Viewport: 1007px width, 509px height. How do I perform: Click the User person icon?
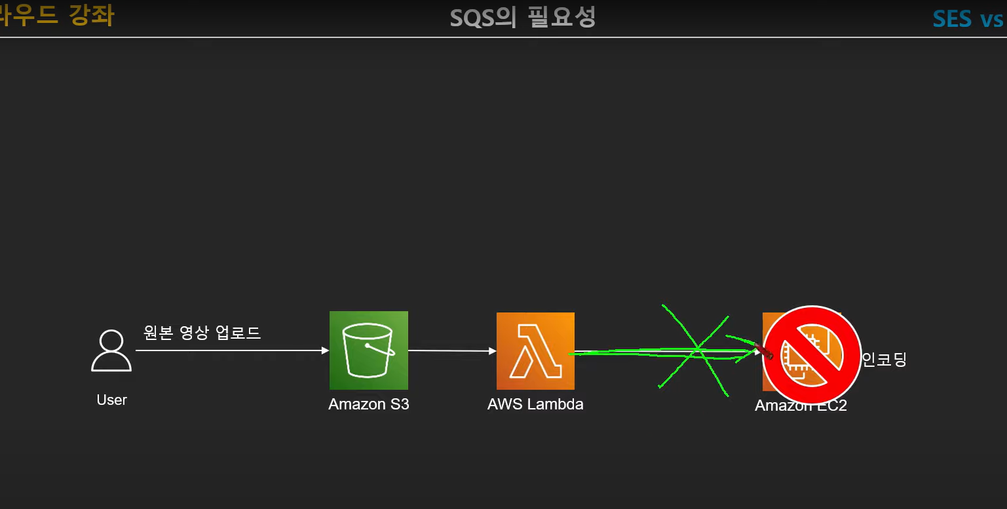click(111, 351)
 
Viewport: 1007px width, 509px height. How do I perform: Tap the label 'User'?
click(111, 400)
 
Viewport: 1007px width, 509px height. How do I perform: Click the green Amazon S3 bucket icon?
click(368, 350)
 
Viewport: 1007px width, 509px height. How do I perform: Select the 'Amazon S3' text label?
click(369, 404)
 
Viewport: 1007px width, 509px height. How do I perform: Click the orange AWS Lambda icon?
click(535, 351)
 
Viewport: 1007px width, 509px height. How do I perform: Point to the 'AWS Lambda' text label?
click(535, 404)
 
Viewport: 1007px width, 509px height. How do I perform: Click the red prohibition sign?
click(811, 354)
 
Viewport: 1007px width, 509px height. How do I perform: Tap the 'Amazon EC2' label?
click(801, 405)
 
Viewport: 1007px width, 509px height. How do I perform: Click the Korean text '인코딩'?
click(884, 359)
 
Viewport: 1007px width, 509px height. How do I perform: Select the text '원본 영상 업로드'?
click(202, 333)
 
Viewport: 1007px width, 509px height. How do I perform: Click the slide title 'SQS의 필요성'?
click(522, 18)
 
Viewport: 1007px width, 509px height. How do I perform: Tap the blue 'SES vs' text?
click(968, 18)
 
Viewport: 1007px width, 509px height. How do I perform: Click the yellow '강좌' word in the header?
click(91, 15)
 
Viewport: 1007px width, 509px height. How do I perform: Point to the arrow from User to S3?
click(229, 351)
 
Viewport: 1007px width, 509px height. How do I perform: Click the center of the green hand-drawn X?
click(697, 350)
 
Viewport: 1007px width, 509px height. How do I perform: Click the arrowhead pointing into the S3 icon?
click(326, 351)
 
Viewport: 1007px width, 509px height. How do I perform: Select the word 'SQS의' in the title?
click(484, 18)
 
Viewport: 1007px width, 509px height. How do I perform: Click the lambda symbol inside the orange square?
click(535, 351)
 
